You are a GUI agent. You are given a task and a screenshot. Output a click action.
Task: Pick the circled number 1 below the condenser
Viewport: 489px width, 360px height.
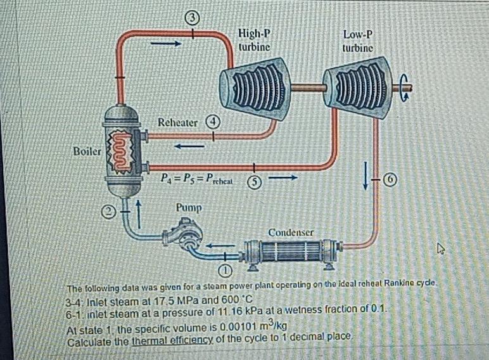point(224,273)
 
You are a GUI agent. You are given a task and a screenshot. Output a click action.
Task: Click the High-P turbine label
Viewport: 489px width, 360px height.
point(255,40)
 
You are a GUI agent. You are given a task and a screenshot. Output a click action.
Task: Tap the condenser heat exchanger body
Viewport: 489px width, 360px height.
point(288,251)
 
